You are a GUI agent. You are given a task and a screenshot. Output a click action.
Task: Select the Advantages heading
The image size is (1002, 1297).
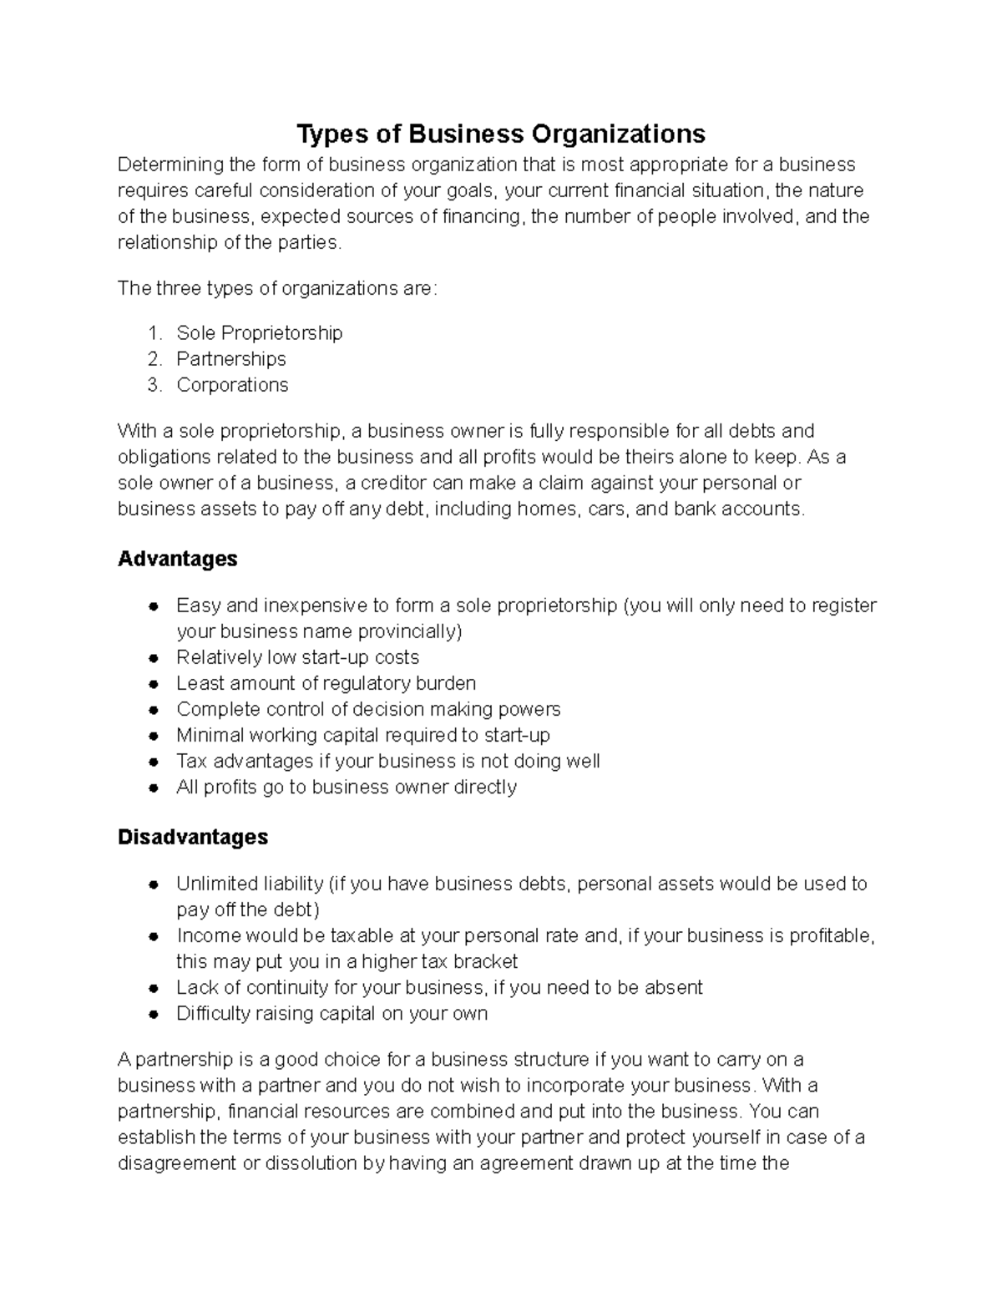pyautogui.click(x=177, y=559)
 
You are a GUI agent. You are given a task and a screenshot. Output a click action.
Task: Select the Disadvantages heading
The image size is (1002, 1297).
pyautogui.click(x=193, y=837)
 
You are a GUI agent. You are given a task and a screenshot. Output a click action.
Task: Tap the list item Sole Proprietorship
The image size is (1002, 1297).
pyautogui.click(x=259, y=333)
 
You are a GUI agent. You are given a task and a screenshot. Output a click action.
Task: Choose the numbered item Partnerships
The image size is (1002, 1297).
pyautogui.click(x=230, y=359)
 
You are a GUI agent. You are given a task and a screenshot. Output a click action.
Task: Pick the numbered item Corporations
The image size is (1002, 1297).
pyautogui.click(x=232, y=385)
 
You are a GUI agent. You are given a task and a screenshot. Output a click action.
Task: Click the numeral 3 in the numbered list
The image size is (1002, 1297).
pyautogui.click(x=153, y=385)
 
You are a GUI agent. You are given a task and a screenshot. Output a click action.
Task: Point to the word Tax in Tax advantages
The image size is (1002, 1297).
pyautogui.click(x=191, y=761)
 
